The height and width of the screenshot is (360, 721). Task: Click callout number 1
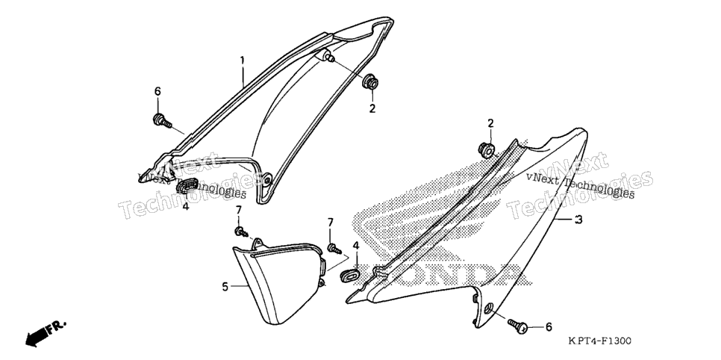(x=243, y=60)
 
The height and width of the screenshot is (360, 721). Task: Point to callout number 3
(x=579, y=220)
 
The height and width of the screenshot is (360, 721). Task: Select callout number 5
(x=225, y=287)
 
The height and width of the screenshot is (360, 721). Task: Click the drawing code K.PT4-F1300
(x=599, y=341)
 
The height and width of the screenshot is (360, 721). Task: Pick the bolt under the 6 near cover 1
(x=162, y=121)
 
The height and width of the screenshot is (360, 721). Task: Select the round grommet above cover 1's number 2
(x=371, y=83)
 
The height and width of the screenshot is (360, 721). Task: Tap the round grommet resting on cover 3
(x=487, y=150)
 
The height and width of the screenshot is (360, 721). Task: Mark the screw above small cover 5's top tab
(x=241, y=232)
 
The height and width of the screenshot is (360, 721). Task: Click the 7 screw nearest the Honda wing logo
(x=334, y=249)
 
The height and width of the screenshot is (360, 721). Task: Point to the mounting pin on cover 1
(x=328, y=57)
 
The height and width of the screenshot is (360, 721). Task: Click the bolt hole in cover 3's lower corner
(x=489, y=307)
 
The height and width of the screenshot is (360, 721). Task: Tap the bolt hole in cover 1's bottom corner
(x=266, y=178)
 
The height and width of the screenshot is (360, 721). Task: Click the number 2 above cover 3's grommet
(x=490, y=123)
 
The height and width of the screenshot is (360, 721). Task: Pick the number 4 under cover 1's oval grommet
(x=186, y=207)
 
